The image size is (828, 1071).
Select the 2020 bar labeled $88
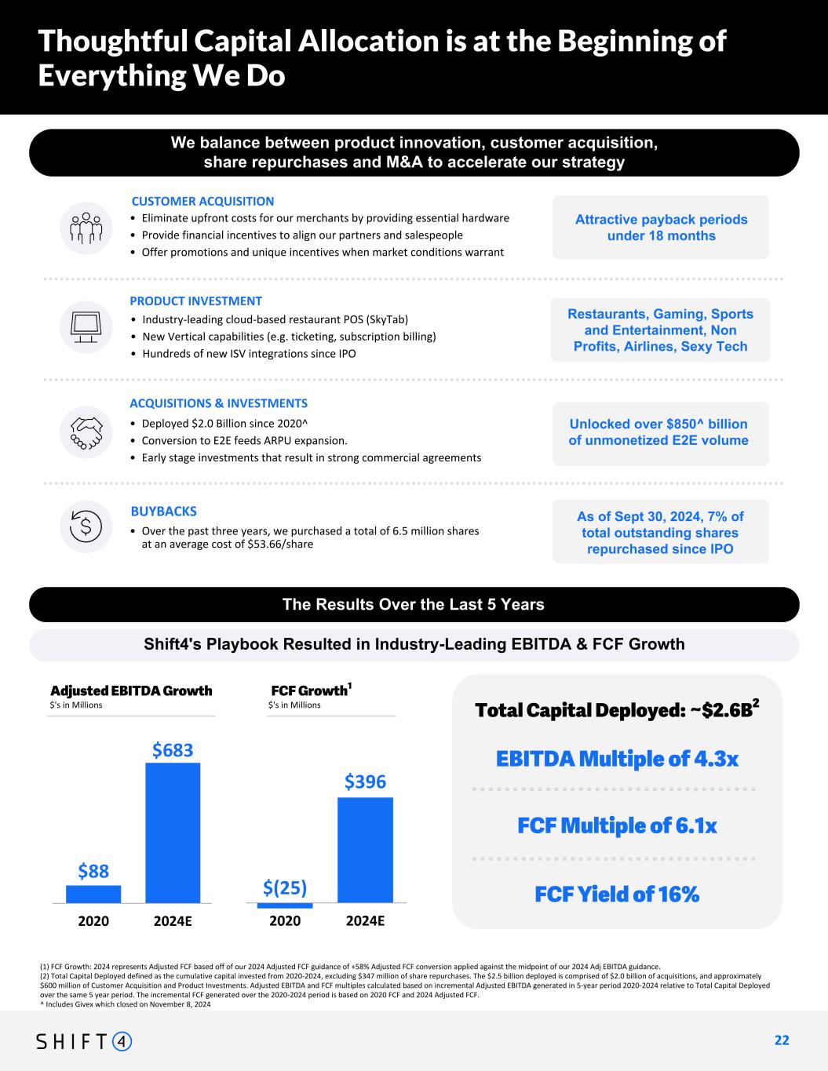(93, 894)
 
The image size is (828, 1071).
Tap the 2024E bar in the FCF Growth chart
(365, 850)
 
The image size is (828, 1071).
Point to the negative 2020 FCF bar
(285, 905)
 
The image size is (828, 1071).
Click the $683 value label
(173, 751)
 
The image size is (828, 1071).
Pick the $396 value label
(365, 782)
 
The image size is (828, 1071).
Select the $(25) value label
(285, 887)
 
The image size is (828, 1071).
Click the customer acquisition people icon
(86, 228)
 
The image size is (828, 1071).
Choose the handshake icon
(86, 430)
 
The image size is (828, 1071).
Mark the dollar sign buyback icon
(86, 526)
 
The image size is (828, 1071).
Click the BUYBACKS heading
(163, 512)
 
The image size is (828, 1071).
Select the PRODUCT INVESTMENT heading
(195, 301)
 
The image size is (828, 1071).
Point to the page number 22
(782, 1040)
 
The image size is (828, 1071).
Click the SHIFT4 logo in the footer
(85, 1041)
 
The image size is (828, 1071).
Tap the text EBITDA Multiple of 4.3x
(617, 760)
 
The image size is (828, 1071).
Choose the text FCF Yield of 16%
(617, 894)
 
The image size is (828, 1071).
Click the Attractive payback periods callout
(661, 228)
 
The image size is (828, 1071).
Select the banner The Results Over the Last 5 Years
(414, 604)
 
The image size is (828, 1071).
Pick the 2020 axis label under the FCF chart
(285, 921)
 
